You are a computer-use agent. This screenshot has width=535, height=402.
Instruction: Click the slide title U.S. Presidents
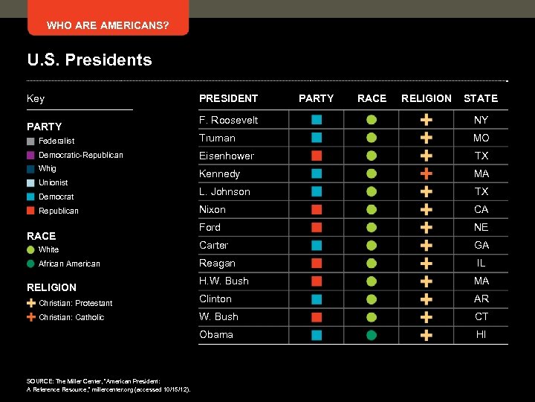click(89, 60)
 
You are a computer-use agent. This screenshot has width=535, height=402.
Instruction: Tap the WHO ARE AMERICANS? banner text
click(108, 26)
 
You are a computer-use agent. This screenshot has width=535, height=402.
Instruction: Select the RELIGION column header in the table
click(426, 98)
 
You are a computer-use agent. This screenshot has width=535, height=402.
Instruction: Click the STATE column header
click(481, 98)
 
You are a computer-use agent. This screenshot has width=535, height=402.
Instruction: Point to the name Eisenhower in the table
click(226, 156)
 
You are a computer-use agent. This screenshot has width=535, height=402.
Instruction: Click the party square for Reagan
click(317, 263)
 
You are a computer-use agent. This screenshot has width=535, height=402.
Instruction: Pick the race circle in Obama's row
click(372, 335)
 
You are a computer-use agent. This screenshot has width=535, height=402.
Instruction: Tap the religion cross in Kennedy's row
click(427, 173)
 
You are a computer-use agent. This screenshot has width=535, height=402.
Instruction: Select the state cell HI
click(481, 335)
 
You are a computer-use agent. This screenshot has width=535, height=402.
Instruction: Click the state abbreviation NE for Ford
click(481, 227)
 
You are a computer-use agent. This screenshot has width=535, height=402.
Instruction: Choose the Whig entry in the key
click(47, 169)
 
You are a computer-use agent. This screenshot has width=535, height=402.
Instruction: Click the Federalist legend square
click(30, 141)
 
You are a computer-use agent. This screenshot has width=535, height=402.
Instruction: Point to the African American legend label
click(69, 264)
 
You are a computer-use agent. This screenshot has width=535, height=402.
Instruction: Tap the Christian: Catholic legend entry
click(71, 317)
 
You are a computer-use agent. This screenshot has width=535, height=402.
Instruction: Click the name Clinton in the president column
click(215, 299)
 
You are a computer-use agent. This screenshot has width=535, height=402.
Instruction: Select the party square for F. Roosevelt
click(317, 120)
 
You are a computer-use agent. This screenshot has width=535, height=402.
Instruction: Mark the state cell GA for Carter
click(481, 245)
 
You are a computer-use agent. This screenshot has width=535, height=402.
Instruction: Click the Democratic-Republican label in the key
click(80, 155)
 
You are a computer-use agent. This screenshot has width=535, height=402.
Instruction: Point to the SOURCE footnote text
click(108, 385)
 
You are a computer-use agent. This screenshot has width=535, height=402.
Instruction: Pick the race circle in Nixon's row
click(372, 209)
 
